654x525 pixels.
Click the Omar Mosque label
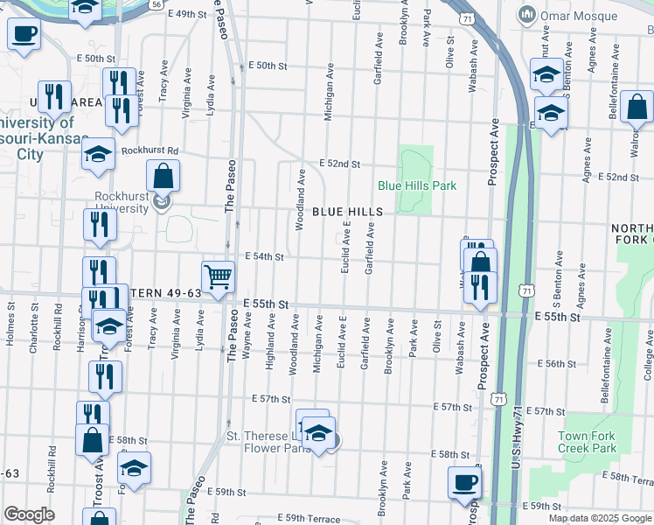pyautogui.click(x=561, y=15)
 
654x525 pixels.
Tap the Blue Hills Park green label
pyautogui.click(x=417, y=185)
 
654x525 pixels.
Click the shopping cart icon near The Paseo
pyautogui.click(x=218, y=276)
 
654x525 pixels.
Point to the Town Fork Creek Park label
pyautogui.click(x=586, y=442)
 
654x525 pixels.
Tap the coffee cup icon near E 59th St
pyautogui.click(x=464, y=482)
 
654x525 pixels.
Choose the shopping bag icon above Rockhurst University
pyautogui.click(x=163, y=175)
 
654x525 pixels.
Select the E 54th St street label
pyautogui.click(x=265, y=256)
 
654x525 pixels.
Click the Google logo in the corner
pyautogui.click(x=29, y=514)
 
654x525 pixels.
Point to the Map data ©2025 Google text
pyautogui.click(x=599, y=518)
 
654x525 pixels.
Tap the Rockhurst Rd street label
pyautogui.click(x=150, y=150)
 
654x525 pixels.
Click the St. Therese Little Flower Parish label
pyautogui.click(x=269, y=442)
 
